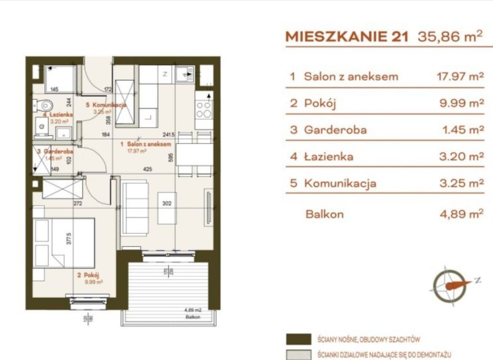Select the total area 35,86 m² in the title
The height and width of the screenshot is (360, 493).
(450, 36)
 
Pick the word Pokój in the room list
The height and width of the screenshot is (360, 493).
(320, 103)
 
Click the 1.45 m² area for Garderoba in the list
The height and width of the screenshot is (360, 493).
(463, 130)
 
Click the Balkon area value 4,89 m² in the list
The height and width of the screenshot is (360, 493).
(461, 214)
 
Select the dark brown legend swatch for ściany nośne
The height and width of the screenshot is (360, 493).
(298, 339)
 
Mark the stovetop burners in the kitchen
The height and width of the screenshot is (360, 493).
(203, 109)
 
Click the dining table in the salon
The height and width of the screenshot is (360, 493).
(194, 154)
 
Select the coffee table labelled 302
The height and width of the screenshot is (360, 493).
(167, 208)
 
